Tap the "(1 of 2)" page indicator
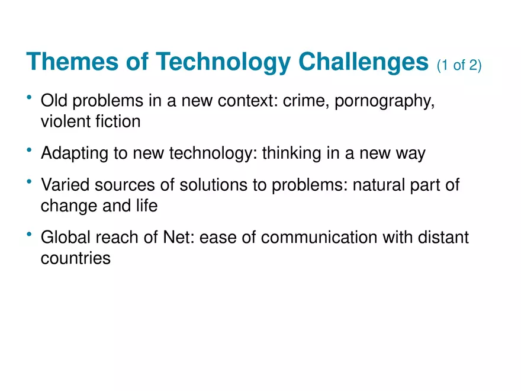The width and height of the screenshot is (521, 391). [x=459, y=65]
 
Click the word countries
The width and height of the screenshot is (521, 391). [x=76, y=259]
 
